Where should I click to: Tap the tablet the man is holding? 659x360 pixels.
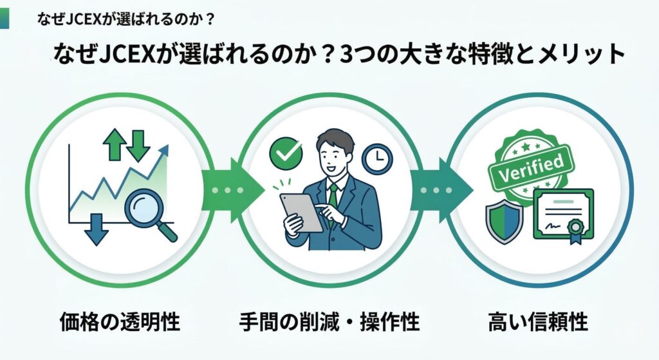pos(301,213)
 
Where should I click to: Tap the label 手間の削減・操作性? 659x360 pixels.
pos(329,321)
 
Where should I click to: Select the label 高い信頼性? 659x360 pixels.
pos(539,321)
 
